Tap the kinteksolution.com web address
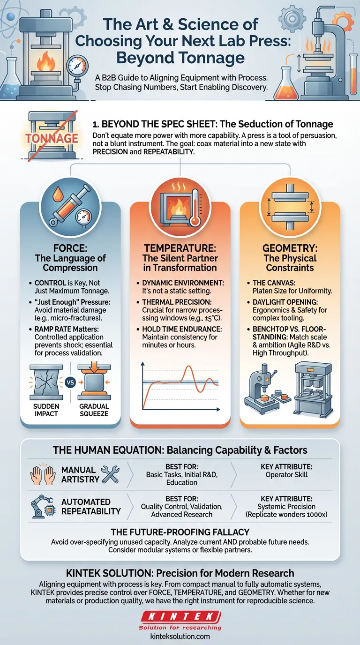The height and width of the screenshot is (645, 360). pyautogui.click(x=180, y=636)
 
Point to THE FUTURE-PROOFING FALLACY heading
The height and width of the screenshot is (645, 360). pyautogui.click(x=180, y=532)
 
